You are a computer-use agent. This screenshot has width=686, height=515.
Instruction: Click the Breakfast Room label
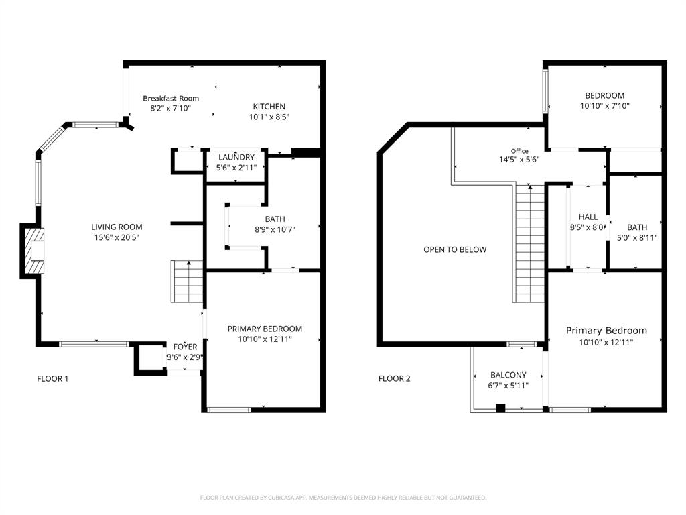(171, 98)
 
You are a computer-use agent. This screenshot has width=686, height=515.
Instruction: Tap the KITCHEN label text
(269, 107)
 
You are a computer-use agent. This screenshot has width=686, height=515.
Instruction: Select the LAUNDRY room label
(236, 158)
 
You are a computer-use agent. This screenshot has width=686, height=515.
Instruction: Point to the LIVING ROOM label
(117, 227)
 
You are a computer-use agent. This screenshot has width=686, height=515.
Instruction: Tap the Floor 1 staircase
(188, 282)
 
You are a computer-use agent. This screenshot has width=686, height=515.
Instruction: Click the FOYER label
(186, 347)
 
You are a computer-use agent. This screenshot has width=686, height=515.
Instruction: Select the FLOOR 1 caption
(52, 378)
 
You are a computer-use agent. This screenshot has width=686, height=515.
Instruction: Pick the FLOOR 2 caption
(395, 378)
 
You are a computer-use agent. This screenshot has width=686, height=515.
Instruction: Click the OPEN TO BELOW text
(455, 249)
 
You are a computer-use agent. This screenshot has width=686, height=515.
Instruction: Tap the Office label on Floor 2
(519, 151)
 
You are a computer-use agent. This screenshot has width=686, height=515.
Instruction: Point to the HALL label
(588, 217)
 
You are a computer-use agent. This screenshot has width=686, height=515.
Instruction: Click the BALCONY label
(508, 375)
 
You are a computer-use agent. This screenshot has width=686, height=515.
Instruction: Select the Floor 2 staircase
(531, 244)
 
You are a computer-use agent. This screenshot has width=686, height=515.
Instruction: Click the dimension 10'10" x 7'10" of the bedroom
(604, 105)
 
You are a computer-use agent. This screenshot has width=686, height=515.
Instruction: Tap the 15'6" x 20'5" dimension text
(117, 237)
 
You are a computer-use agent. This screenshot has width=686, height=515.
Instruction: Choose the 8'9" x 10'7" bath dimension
(275, 229)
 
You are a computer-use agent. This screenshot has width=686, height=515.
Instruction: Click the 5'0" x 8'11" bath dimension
(637, 237)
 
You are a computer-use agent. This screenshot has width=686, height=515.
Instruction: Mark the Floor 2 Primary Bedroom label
(606, 331)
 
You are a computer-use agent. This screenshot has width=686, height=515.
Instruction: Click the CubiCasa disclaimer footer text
(343, 498)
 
